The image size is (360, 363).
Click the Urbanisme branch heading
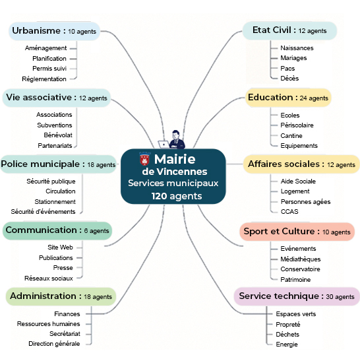click(54, 31)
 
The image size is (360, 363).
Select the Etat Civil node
click(289, 30)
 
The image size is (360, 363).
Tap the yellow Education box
click(288, 98)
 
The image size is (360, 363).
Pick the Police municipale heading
click(58, 164)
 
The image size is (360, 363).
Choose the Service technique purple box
click(297, 296)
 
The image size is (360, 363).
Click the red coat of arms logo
click(144, 159)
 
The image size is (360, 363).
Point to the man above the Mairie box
click(177, 139)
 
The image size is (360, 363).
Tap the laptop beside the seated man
click(164, 145)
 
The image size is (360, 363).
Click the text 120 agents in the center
click(177, 196)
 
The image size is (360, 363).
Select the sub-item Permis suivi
click(49, 69)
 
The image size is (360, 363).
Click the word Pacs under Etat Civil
click(287, 68)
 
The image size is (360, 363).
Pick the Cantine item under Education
click(291, 136)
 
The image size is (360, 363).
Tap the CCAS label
click(289, 212)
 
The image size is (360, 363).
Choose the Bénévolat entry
click(58, 135)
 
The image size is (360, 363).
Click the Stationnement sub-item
click(55, 202)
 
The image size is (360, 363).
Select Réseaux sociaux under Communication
click(49, 278)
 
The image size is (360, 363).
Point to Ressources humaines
click(48, 324)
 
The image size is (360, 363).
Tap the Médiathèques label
click(301, 259)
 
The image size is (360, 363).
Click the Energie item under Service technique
click(287, 345)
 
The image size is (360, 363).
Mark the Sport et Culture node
click(297, 232)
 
